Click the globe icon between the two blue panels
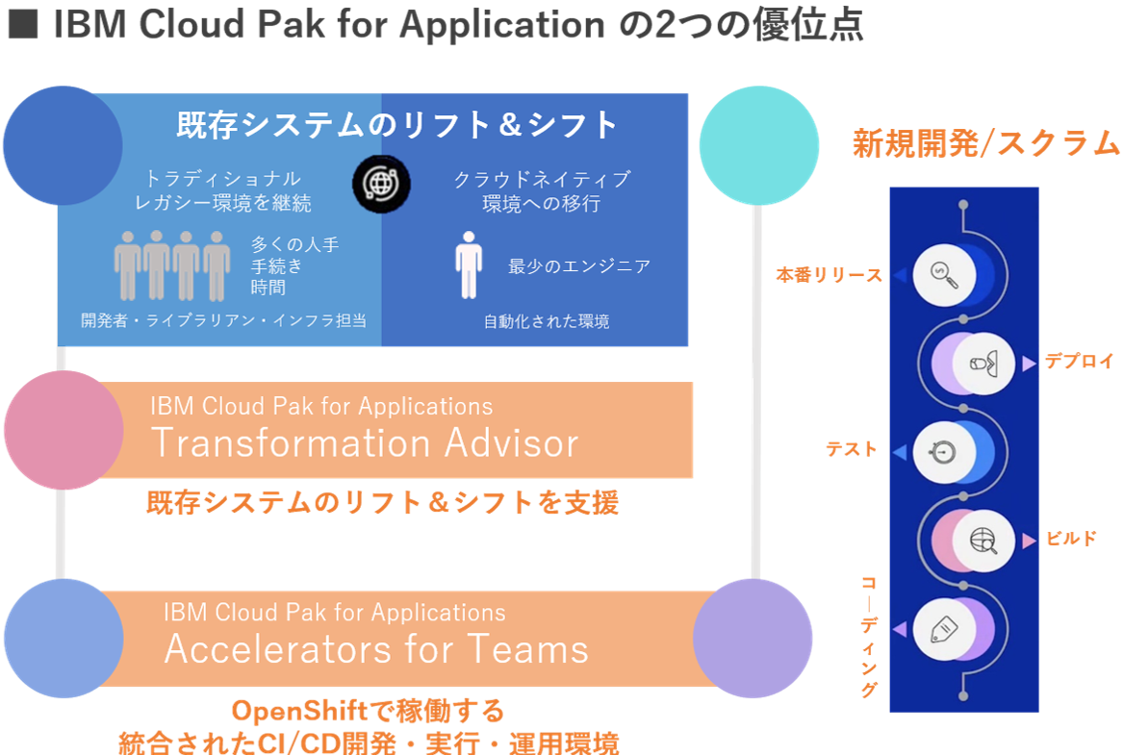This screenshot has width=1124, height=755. [381, 184]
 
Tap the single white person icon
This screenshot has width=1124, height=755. [468, 264]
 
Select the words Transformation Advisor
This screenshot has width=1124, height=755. [365, 443]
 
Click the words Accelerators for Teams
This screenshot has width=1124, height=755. [376, 649]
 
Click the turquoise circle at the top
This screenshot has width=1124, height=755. [757, 145]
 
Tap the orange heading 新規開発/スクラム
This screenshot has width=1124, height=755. [986, 144]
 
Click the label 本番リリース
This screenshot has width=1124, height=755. [829, 276]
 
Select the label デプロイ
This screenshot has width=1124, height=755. [1079, 363]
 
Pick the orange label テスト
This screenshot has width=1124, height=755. [852, 449]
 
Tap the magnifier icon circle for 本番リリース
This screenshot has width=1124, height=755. [945, 274]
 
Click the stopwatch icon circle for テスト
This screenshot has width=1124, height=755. [945, 451]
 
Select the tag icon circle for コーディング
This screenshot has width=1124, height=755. [945, 630]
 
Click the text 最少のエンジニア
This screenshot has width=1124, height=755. [579, 266]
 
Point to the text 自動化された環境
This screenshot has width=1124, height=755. [546, 321]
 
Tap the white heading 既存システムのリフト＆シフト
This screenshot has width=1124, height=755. [396, 125]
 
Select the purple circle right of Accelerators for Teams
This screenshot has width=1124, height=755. [753, 639]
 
